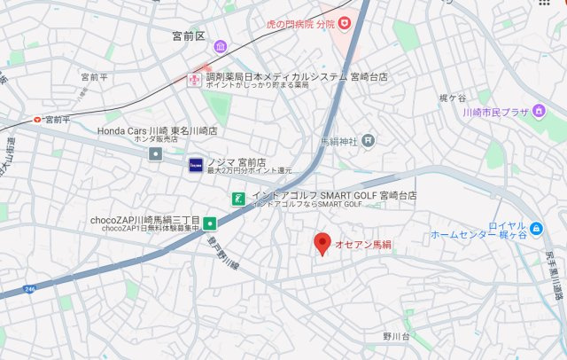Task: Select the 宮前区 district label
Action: [189, 36]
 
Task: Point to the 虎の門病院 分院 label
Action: [301, 24]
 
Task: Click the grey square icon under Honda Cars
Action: [156, 154]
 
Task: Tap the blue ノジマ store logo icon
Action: [196, 163]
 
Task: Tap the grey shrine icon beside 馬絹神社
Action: [369, 140]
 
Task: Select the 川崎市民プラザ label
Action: [508, 113]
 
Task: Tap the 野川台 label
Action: [396, 336]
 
